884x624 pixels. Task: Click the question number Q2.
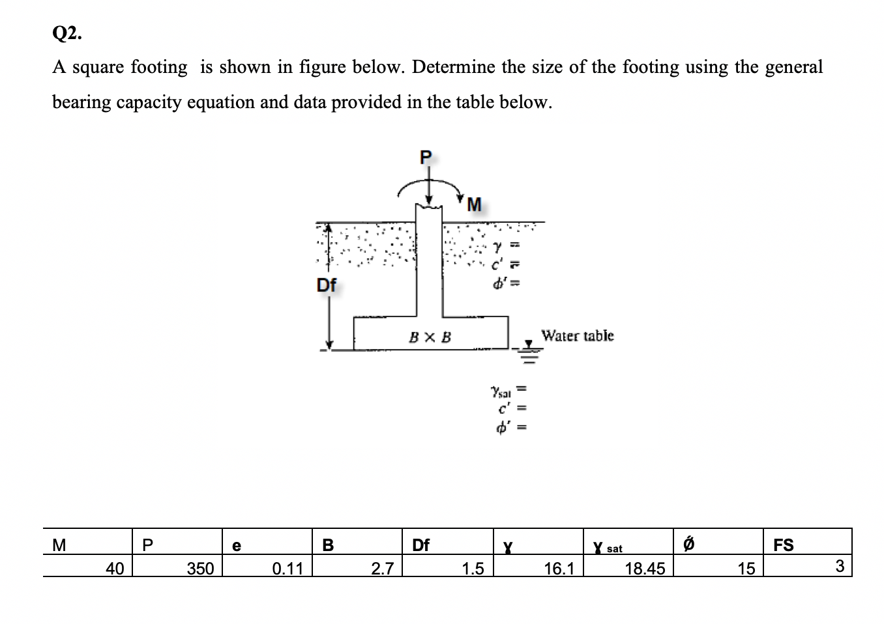pyautogui.click(x=67, y=34)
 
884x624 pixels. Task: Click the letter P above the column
pyautogui.click(x=426, y=157)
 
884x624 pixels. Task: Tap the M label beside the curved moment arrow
pyautogui.click(x=474, y=205)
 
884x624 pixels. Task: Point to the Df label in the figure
pyautogui.click(x=327, y=285)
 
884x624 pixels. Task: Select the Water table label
pyautogui.click(x=578, y=336)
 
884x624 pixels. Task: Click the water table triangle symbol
pyautogui.click(x=529, y=343)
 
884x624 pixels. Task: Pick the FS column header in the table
pyautogui.click(x=783, y=545)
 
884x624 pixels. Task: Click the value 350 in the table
pyautogui.click(x=200, y=569)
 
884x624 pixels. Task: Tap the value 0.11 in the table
pyautogui.click(x=287, y=569)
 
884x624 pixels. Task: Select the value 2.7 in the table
pyautogui.click(x=382, y=569)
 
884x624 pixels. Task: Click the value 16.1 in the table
pyautogui.click(x=559, y=569)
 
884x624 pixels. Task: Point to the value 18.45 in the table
pyautogui.click(x=645, y=569)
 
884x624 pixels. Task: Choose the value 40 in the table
pyautogui.click(x=115, y=569)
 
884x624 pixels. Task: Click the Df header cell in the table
pyautogui.click(x=421, y=545)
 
